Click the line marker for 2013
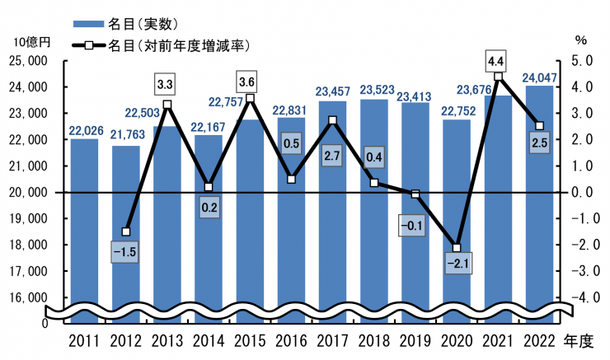[167, 105]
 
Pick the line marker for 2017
[332, 121]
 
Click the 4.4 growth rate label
[497, 61]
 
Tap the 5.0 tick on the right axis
[582, 61]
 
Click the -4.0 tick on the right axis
[580, 297]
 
